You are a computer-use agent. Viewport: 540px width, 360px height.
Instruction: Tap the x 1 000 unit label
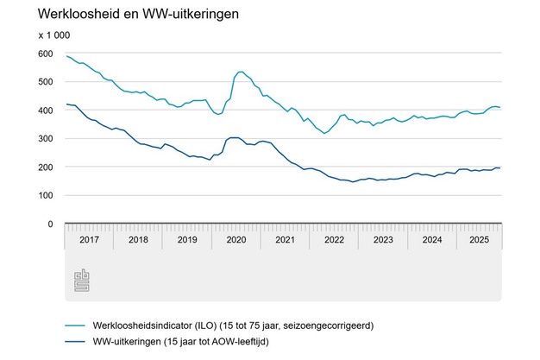click(x=55, y=35)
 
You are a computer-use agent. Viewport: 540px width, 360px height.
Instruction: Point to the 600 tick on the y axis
click(x=45, y=54)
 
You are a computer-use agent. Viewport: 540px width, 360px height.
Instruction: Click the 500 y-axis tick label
click(x=45, y=82)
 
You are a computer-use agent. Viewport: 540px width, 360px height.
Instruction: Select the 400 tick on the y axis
click(x=45, y=111)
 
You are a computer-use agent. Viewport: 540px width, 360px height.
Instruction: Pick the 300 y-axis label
click(x=45, y=139)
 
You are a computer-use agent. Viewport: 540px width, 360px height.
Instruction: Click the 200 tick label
click(x=45, y=167)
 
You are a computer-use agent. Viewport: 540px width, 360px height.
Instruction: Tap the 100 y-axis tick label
click(x=45, y=196)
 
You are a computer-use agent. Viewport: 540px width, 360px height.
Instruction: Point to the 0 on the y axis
click(x=50, y=224)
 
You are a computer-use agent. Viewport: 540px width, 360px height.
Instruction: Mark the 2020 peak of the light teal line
click(x=240, y=72)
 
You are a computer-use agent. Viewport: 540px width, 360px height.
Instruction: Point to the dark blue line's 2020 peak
click(x=234, y=137)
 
